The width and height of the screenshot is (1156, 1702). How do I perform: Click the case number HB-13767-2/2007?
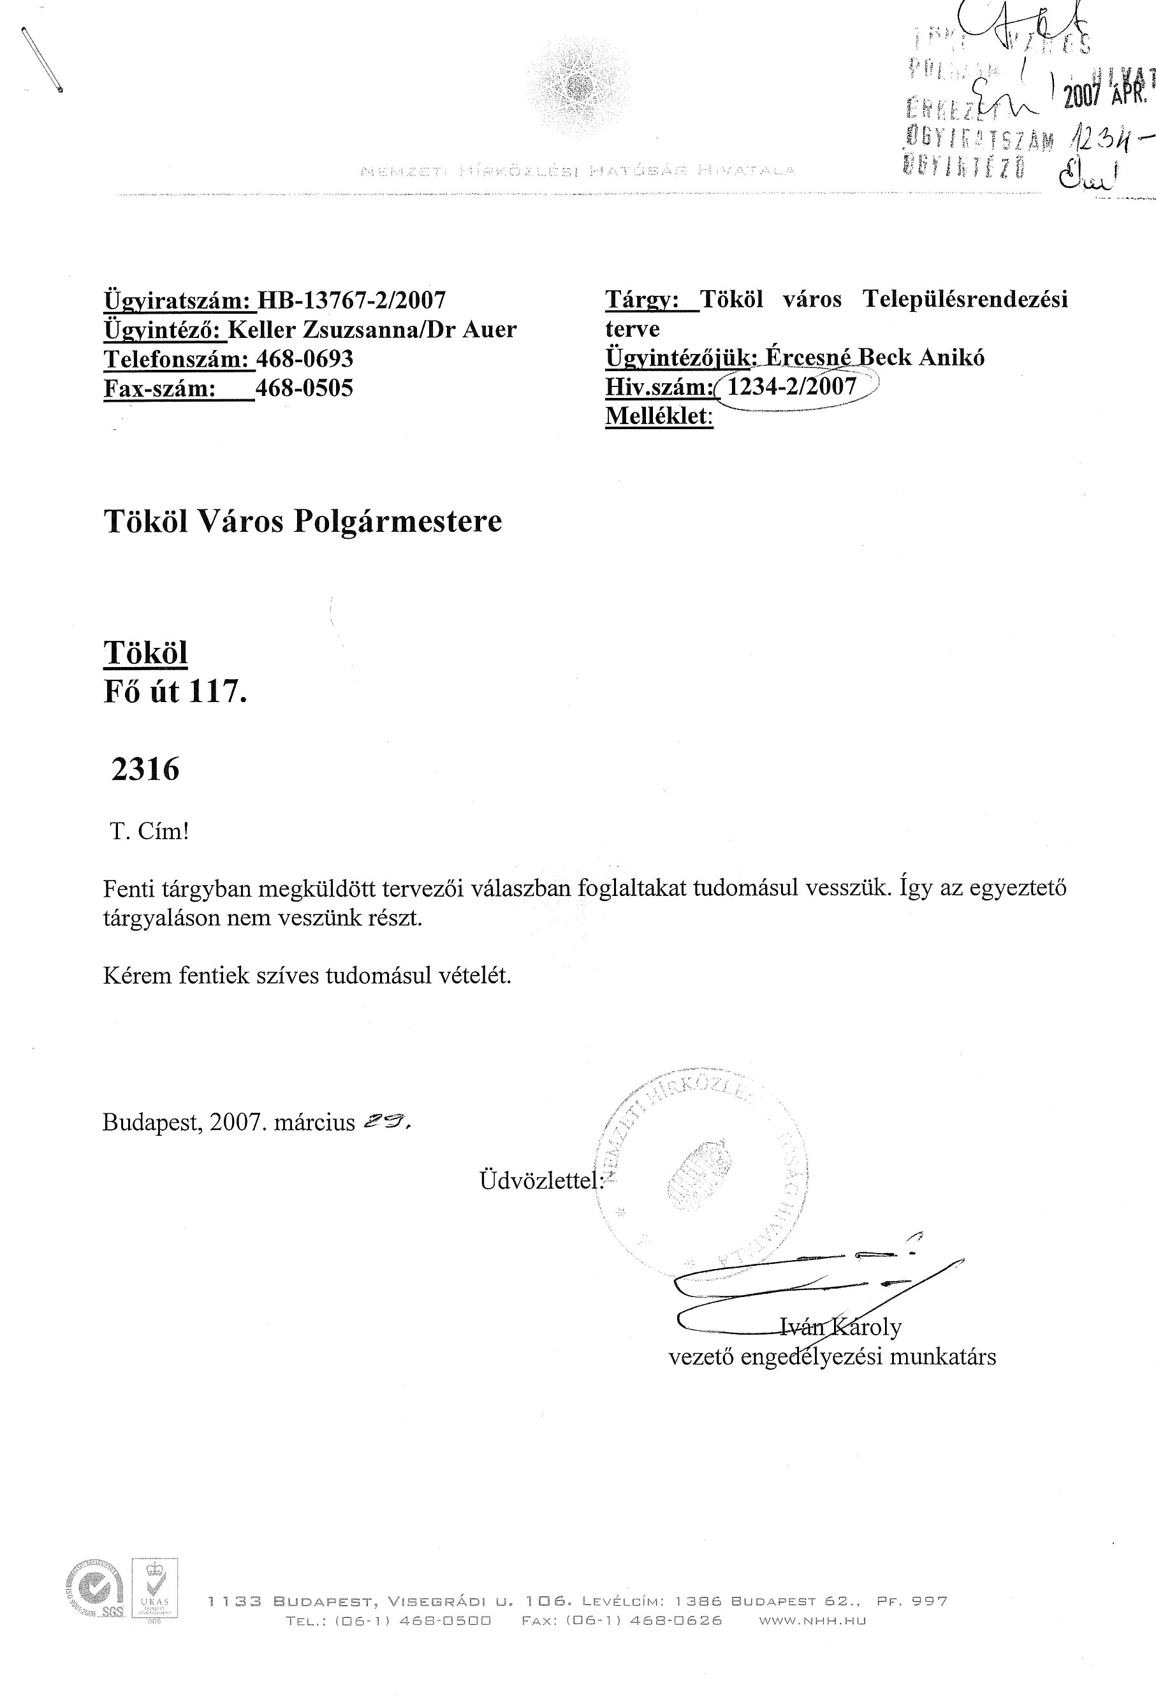click(351, 300)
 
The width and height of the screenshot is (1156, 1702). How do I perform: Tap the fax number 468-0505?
click(305, 388)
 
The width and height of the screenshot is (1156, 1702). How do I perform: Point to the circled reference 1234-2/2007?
click(792, 386)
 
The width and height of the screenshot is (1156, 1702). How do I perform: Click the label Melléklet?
click(657, 416)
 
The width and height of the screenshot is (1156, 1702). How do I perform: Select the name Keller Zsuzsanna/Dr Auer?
click(372, 330)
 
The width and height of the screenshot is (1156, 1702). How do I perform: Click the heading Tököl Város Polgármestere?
click(303, 522)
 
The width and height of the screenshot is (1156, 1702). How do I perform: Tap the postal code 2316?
click(145, 770)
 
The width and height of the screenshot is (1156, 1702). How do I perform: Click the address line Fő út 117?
click(176, 691)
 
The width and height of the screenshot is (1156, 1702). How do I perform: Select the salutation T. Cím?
click(150, 832)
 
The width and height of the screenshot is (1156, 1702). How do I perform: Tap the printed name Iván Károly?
click(840, 1326)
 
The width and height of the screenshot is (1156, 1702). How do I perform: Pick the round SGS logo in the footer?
click(95, 1607)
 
